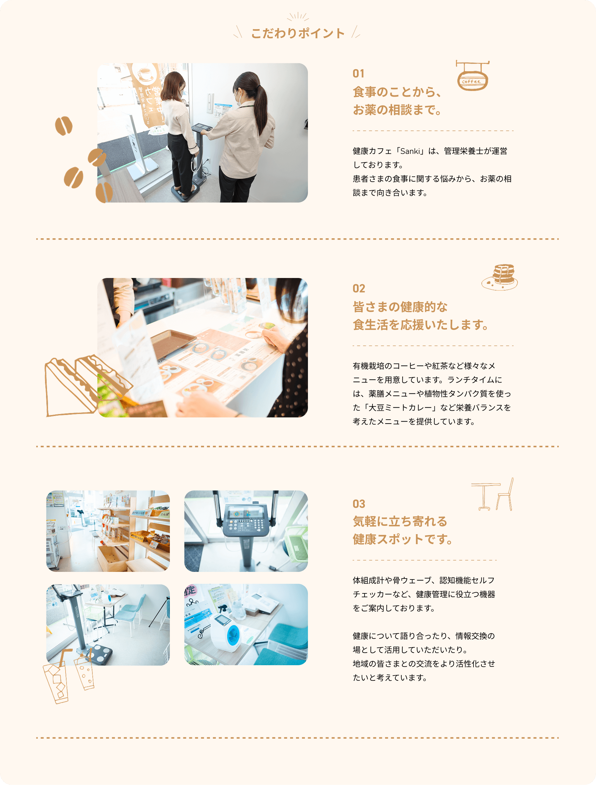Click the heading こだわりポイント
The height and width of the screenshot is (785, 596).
(x=298, y=33)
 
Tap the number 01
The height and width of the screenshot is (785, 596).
(x=358, y=73)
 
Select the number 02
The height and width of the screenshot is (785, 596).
(x=359, y=289)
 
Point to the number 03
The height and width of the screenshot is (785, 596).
(x=359, y=504)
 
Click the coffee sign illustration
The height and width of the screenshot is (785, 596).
(x=472, y=75)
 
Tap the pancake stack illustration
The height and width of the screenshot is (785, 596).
(x=500, y=277)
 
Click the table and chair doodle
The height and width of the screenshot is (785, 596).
(x=493, y=494)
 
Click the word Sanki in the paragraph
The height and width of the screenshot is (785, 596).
(x=410, y=151)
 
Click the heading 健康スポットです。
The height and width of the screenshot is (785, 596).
(x=403, y=539)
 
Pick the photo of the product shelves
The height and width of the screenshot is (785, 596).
(x=108, y=531)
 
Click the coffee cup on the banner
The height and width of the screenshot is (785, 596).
(x=145, y=74)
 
